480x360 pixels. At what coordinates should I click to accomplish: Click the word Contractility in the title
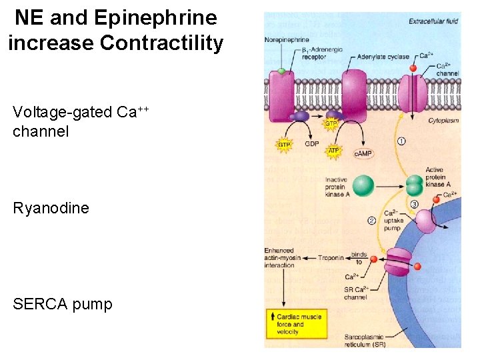tap(161, 43)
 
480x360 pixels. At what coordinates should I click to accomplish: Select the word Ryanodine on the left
tap(51, 208)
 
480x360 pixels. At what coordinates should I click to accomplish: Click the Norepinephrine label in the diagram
tap(285, 39)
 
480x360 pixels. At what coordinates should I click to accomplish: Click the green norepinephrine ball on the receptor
tap(282, 70)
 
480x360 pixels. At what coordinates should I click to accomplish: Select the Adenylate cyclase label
tap(383, 57)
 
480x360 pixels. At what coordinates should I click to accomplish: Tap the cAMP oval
tap(363, 153)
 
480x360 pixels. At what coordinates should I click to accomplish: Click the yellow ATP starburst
tap(334, 151)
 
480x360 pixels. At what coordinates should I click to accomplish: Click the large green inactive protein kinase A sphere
tap(363, 185)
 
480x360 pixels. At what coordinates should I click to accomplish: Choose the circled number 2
tap(372, 221)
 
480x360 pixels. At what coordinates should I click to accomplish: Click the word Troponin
tap(331, 257)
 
